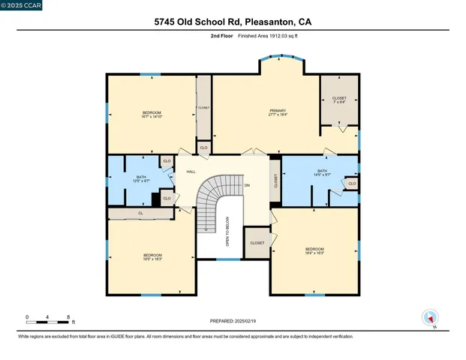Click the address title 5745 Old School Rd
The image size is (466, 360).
(x=232, y=22)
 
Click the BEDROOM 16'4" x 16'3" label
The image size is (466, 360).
(x=314, y=250)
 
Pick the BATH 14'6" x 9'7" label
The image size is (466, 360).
(x=323, y=173)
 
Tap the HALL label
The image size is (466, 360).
(x=191, y=172)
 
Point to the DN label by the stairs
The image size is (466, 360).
(x=247, y=184)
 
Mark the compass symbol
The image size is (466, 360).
(x=430, y=317)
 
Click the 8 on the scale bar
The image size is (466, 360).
(x=69, y=317)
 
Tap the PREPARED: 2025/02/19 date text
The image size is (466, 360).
(x=233, y=321)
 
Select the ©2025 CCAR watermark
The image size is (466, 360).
(x=23, y=6)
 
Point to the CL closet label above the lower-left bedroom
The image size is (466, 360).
(x=140, y=214)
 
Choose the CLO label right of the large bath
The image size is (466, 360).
(x=351, y=183)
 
